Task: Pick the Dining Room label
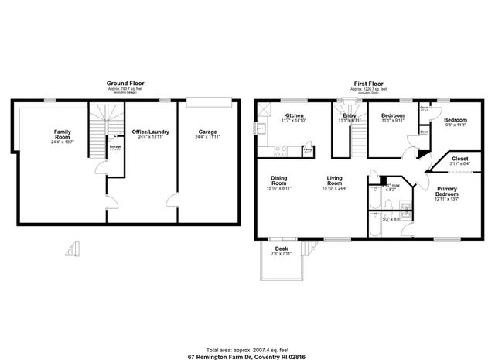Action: point(280,181)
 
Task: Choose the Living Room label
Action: point(334,181)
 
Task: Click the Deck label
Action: point(282,249)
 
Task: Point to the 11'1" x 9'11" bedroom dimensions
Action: point(392,121)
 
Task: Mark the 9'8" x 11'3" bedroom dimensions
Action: point(455,125)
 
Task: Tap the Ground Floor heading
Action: point(125,83)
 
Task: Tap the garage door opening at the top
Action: point(208,98)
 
